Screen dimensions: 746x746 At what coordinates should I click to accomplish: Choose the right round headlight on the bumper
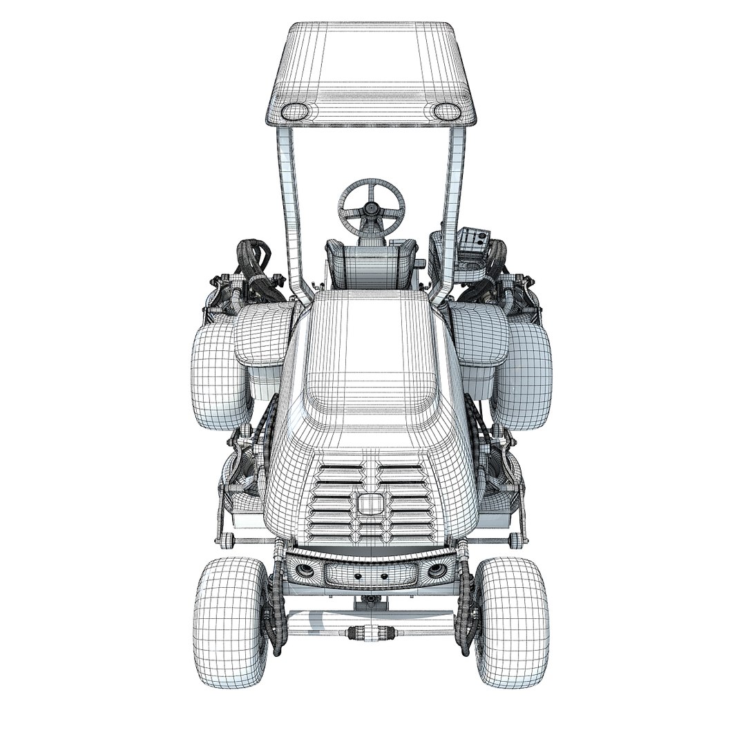437,571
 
